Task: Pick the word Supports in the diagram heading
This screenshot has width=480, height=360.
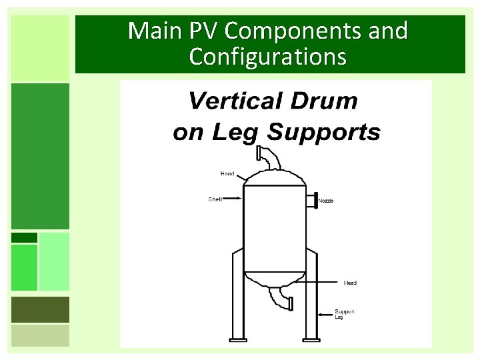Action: [x=323, y=132]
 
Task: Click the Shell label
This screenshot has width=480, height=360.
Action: [x=215, y=198]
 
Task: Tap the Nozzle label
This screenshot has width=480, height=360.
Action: [x=326, y=201]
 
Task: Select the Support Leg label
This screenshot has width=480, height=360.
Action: [x=344, y=313]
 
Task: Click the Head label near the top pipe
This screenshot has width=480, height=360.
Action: [x=227, y=173]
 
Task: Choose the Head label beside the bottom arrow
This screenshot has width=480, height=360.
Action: [x=350, y=283]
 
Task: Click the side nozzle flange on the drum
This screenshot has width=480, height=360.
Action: [x=312, y=199]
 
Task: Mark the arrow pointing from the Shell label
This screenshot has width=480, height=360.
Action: [x=233, y=198]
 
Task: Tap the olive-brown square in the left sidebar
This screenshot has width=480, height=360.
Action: [x=40, y=309]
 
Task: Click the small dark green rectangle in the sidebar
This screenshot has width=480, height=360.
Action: [x=24, y=237]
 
